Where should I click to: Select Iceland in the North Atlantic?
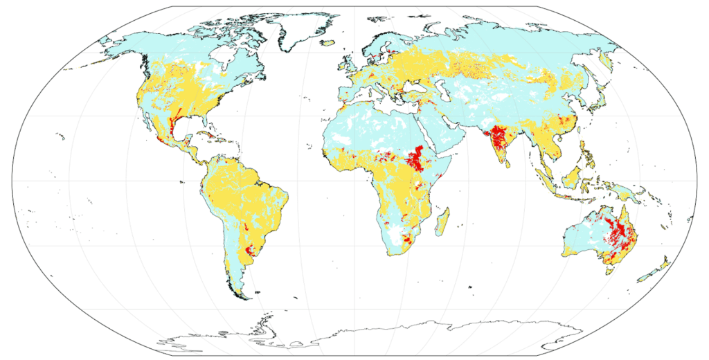327,43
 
